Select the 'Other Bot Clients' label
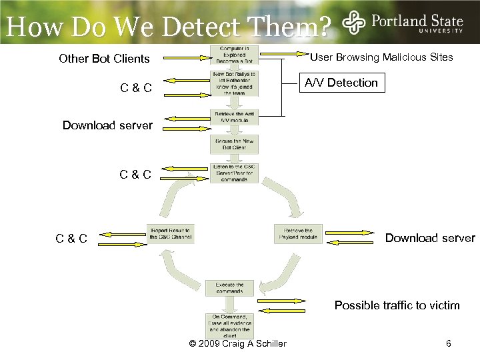104,59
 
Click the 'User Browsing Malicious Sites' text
381,57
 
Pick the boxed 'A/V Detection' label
341,83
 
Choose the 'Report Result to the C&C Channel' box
170,233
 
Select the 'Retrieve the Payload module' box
298,233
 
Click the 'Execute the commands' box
229,288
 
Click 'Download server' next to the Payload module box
430,238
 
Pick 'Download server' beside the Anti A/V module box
107,125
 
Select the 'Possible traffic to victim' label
397,305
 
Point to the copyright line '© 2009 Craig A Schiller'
238,343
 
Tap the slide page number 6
449,343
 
